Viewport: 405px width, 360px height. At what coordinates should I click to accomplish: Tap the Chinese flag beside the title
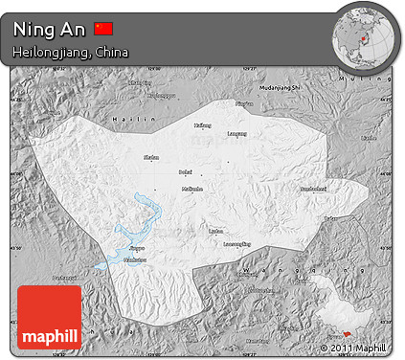104,29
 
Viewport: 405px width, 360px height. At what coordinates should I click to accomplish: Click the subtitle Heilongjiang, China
71,52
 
